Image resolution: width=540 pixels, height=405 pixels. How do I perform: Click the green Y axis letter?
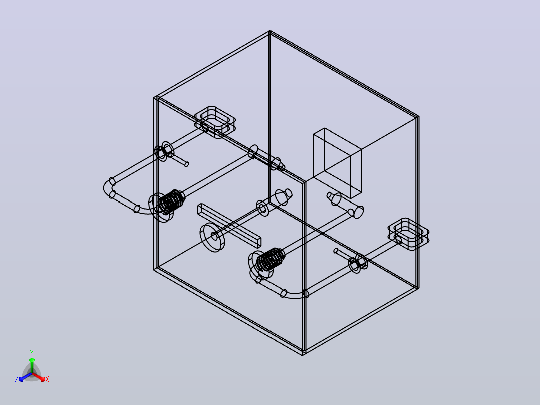coord(32,352)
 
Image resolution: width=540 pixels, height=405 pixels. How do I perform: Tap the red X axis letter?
coord(47,379)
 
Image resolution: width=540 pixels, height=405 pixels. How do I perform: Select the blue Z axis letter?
coord(17,379)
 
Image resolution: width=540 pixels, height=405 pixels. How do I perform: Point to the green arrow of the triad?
coord(32,365)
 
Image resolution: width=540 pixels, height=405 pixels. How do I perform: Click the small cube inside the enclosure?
coord(338,163)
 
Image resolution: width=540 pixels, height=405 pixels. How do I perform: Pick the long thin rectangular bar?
coord(229,226)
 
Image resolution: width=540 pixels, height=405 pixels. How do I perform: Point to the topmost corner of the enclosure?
coord(269,31)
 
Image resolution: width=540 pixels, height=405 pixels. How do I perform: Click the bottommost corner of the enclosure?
coord(303,355)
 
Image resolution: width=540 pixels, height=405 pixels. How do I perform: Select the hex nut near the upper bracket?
coord(161,152)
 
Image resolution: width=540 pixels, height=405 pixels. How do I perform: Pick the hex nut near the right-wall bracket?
coord(359,263)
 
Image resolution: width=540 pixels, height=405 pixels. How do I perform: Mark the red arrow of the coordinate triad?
coord(38,377)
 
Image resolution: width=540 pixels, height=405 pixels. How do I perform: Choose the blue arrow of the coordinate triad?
coord(25,377)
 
